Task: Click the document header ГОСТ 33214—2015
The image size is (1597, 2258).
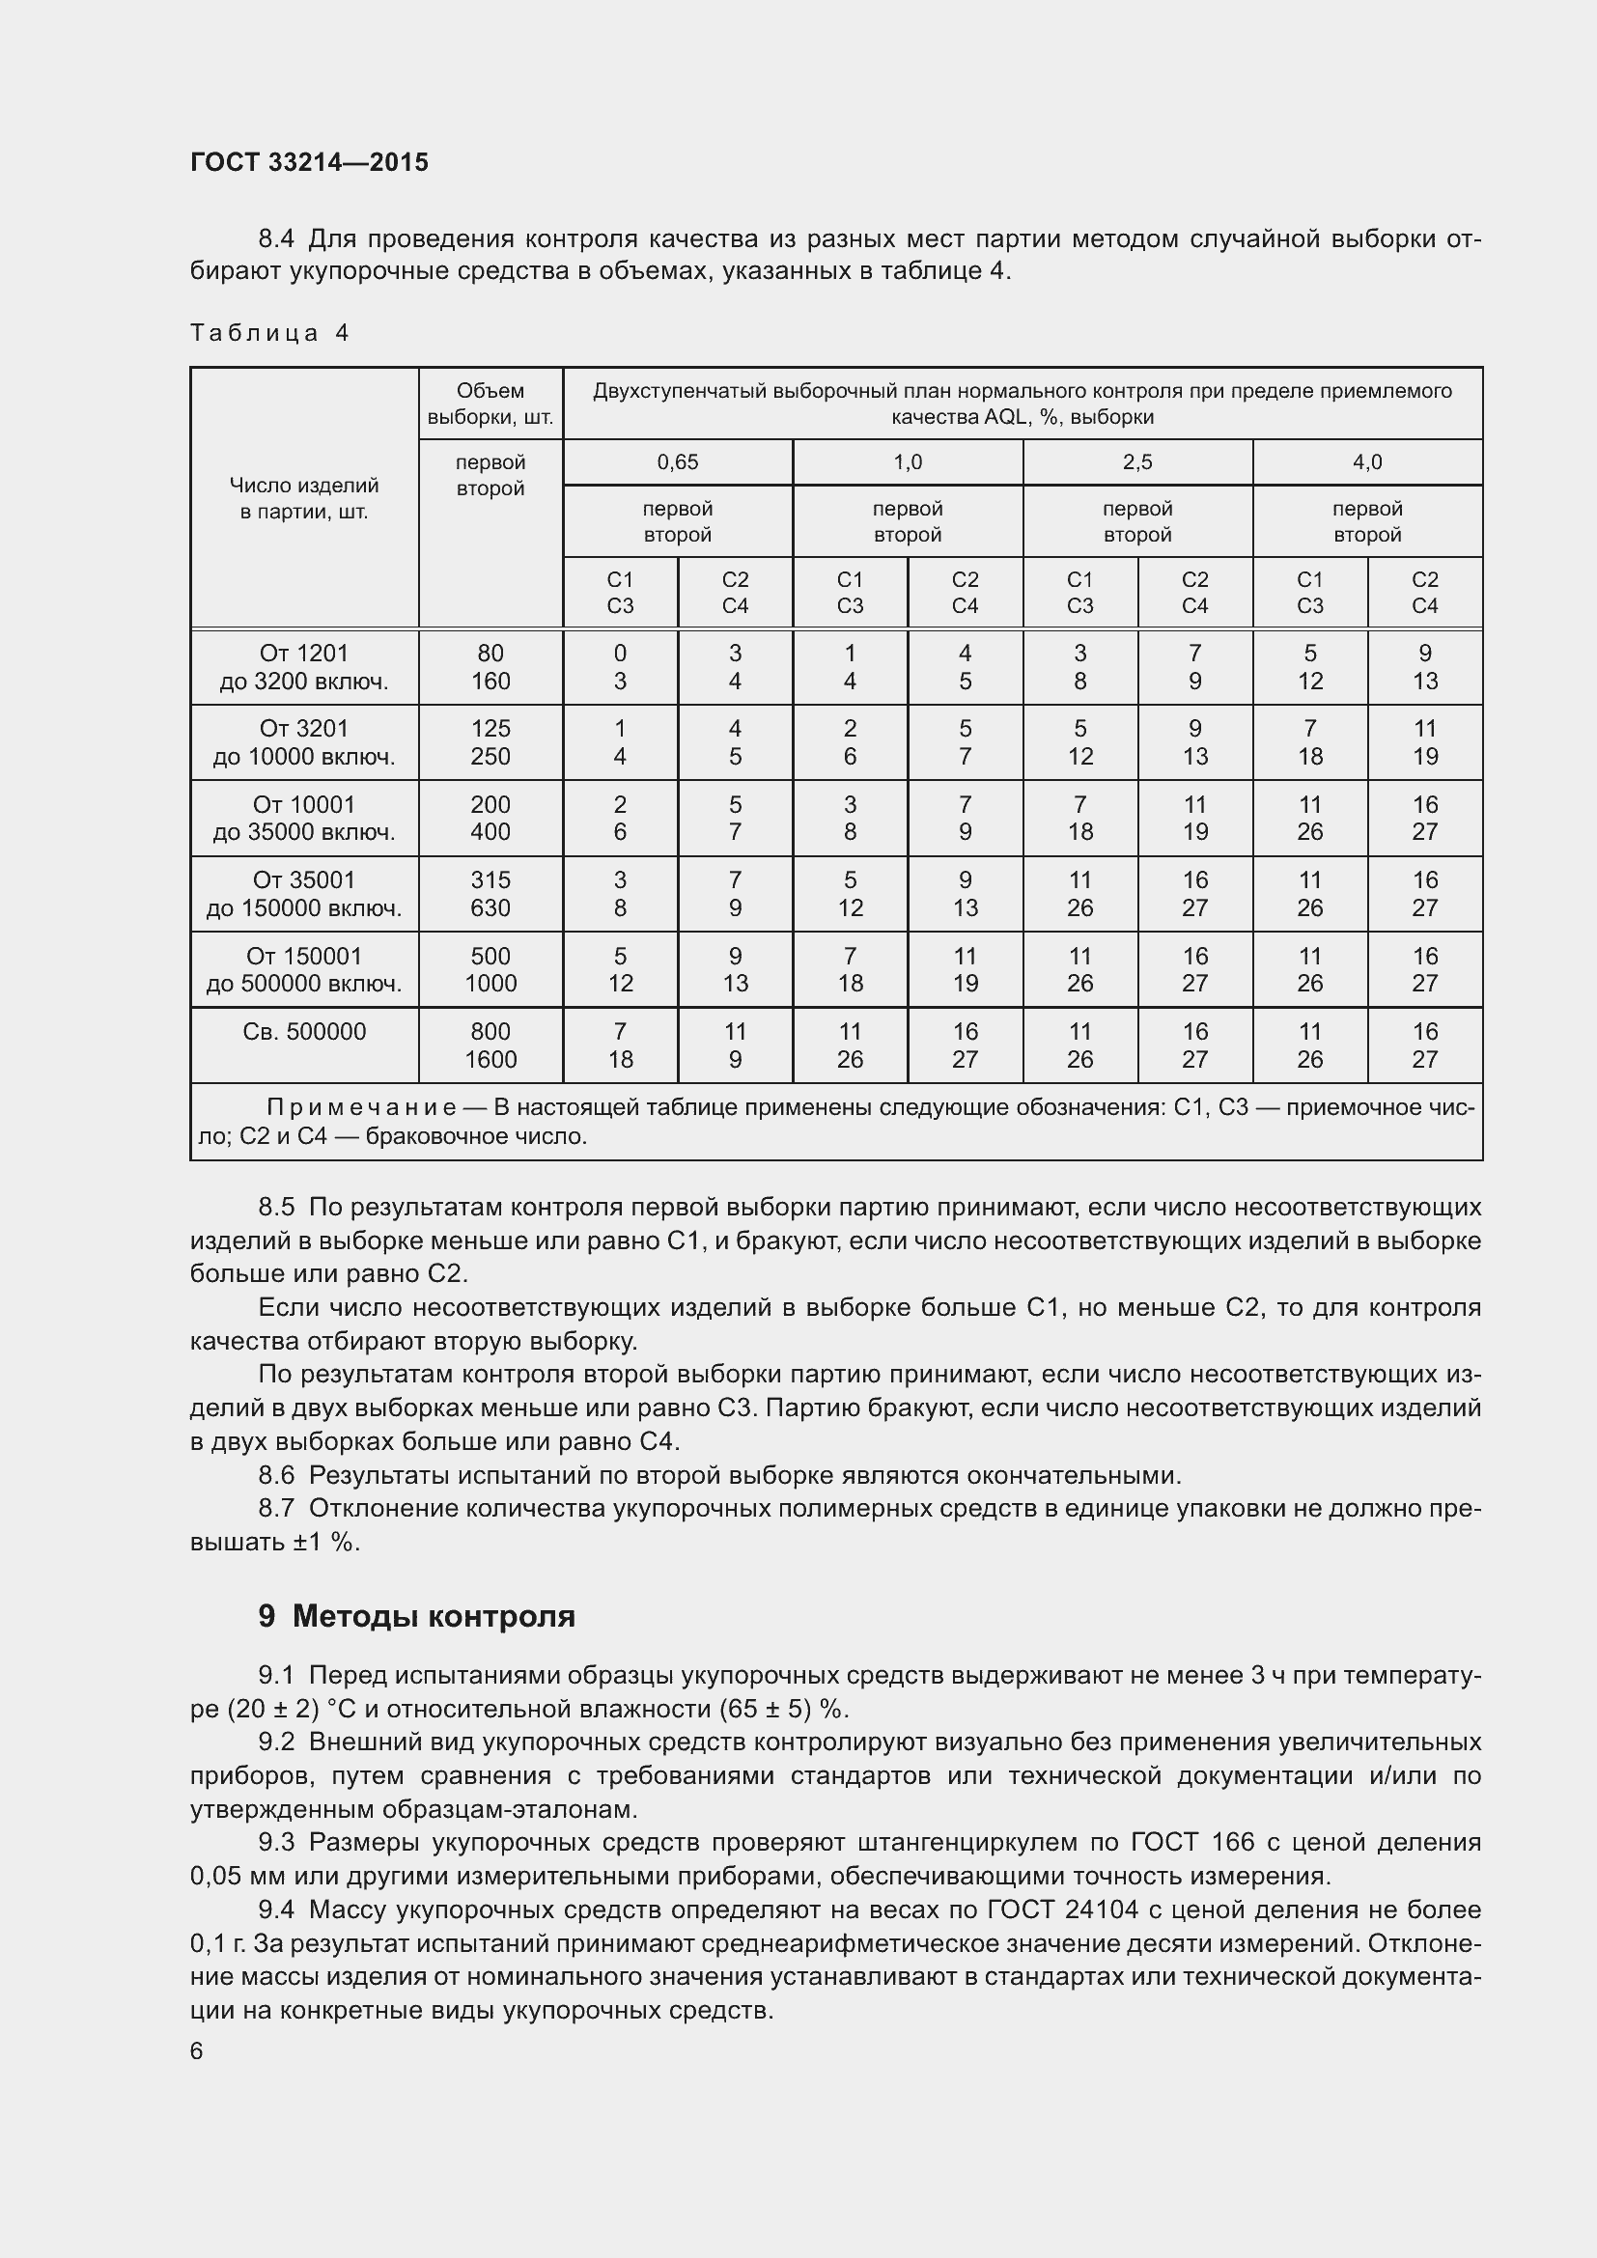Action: (309, 162)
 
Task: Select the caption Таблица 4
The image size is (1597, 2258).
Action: (269, 332)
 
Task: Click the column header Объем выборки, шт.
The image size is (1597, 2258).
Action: (490, 404)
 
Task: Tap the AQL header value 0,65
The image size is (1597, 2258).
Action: (678, 462)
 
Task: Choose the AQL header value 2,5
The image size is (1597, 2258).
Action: (1136, 462)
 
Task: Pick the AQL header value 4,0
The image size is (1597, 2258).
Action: (1367, 462)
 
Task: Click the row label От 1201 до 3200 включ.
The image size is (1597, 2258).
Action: (304, 667)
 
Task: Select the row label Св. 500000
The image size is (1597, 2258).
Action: (304, 1032)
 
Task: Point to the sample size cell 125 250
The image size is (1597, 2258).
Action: (490, 742)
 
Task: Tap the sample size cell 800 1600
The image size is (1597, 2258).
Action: (490, 1045)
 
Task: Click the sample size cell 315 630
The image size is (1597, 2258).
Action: (490, 893)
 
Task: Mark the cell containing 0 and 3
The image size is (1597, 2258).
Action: (620, 667)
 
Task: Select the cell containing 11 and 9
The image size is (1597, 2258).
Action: (735, 1045)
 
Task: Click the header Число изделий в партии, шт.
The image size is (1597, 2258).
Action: (304, 497)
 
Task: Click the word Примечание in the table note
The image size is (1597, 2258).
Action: (361, 1108)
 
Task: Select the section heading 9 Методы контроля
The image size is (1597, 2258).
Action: (416, 1616)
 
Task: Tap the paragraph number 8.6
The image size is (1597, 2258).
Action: (276, 1475)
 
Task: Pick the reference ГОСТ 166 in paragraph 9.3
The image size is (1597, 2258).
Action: (1192, 1842)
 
